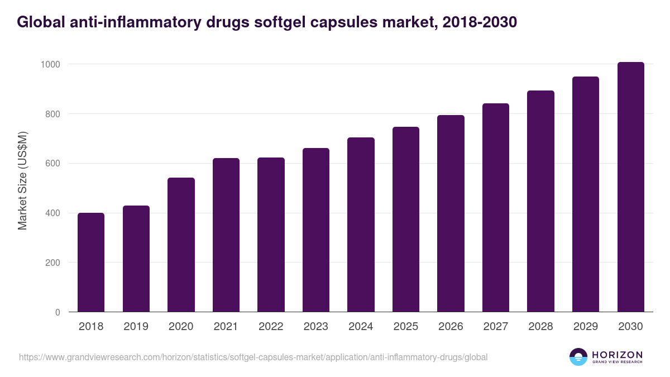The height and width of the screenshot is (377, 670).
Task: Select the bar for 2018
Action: pos(91,263)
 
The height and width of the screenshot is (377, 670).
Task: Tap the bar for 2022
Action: pos(271,235)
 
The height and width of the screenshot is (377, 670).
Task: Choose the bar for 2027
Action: pos(495,207)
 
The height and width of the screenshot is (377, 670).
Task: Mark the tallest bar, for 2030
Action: pos(630,187)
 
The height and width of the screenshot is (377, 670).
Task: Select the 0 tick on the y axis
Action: pos(58,312)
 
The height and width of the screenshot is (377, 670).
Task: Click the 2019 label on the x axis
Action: pos(136,327)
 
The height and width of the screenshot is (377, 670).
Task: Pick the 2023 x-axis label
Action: pos(315,327)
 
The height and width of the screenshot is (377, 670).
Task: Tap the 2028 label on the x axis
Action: pos(540,327)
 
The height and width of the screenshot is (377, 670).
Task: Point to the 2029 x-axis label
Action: pos(585,327)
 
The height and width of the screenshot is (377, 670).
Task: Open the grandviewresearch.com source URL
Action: pos(253,357)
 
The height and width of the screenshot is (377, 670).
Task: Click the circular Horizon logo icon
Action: pos(578,357)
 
